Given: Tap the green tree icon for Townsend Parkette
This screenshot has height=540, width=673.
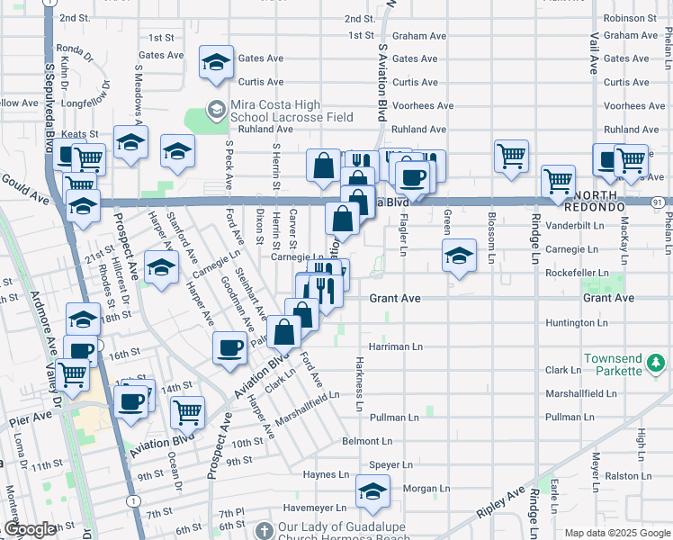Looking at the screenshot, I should tap(657, 364).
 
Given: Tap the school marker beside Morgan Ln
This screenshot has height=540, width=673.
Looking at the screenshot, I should tap(372, 492).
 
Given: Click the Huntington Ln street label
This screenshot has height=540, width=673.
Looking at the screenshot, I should tap(576, 322).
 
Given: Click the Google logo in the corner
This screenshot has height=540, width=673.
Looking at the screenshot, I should tap(30, 529).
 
